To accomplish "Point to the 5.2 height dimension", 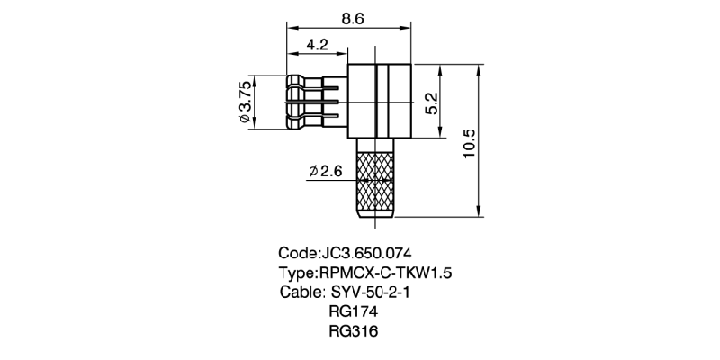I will click(x=431, y=102).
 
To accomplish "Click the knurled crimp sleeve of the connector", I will click(x=375, y=184).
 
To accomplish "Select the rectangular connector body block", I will click(x=378, y=101).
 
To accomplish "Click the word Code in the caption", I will click(x=298, y=253).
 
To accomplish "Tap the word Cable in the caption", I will click(x=300, y=292).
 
